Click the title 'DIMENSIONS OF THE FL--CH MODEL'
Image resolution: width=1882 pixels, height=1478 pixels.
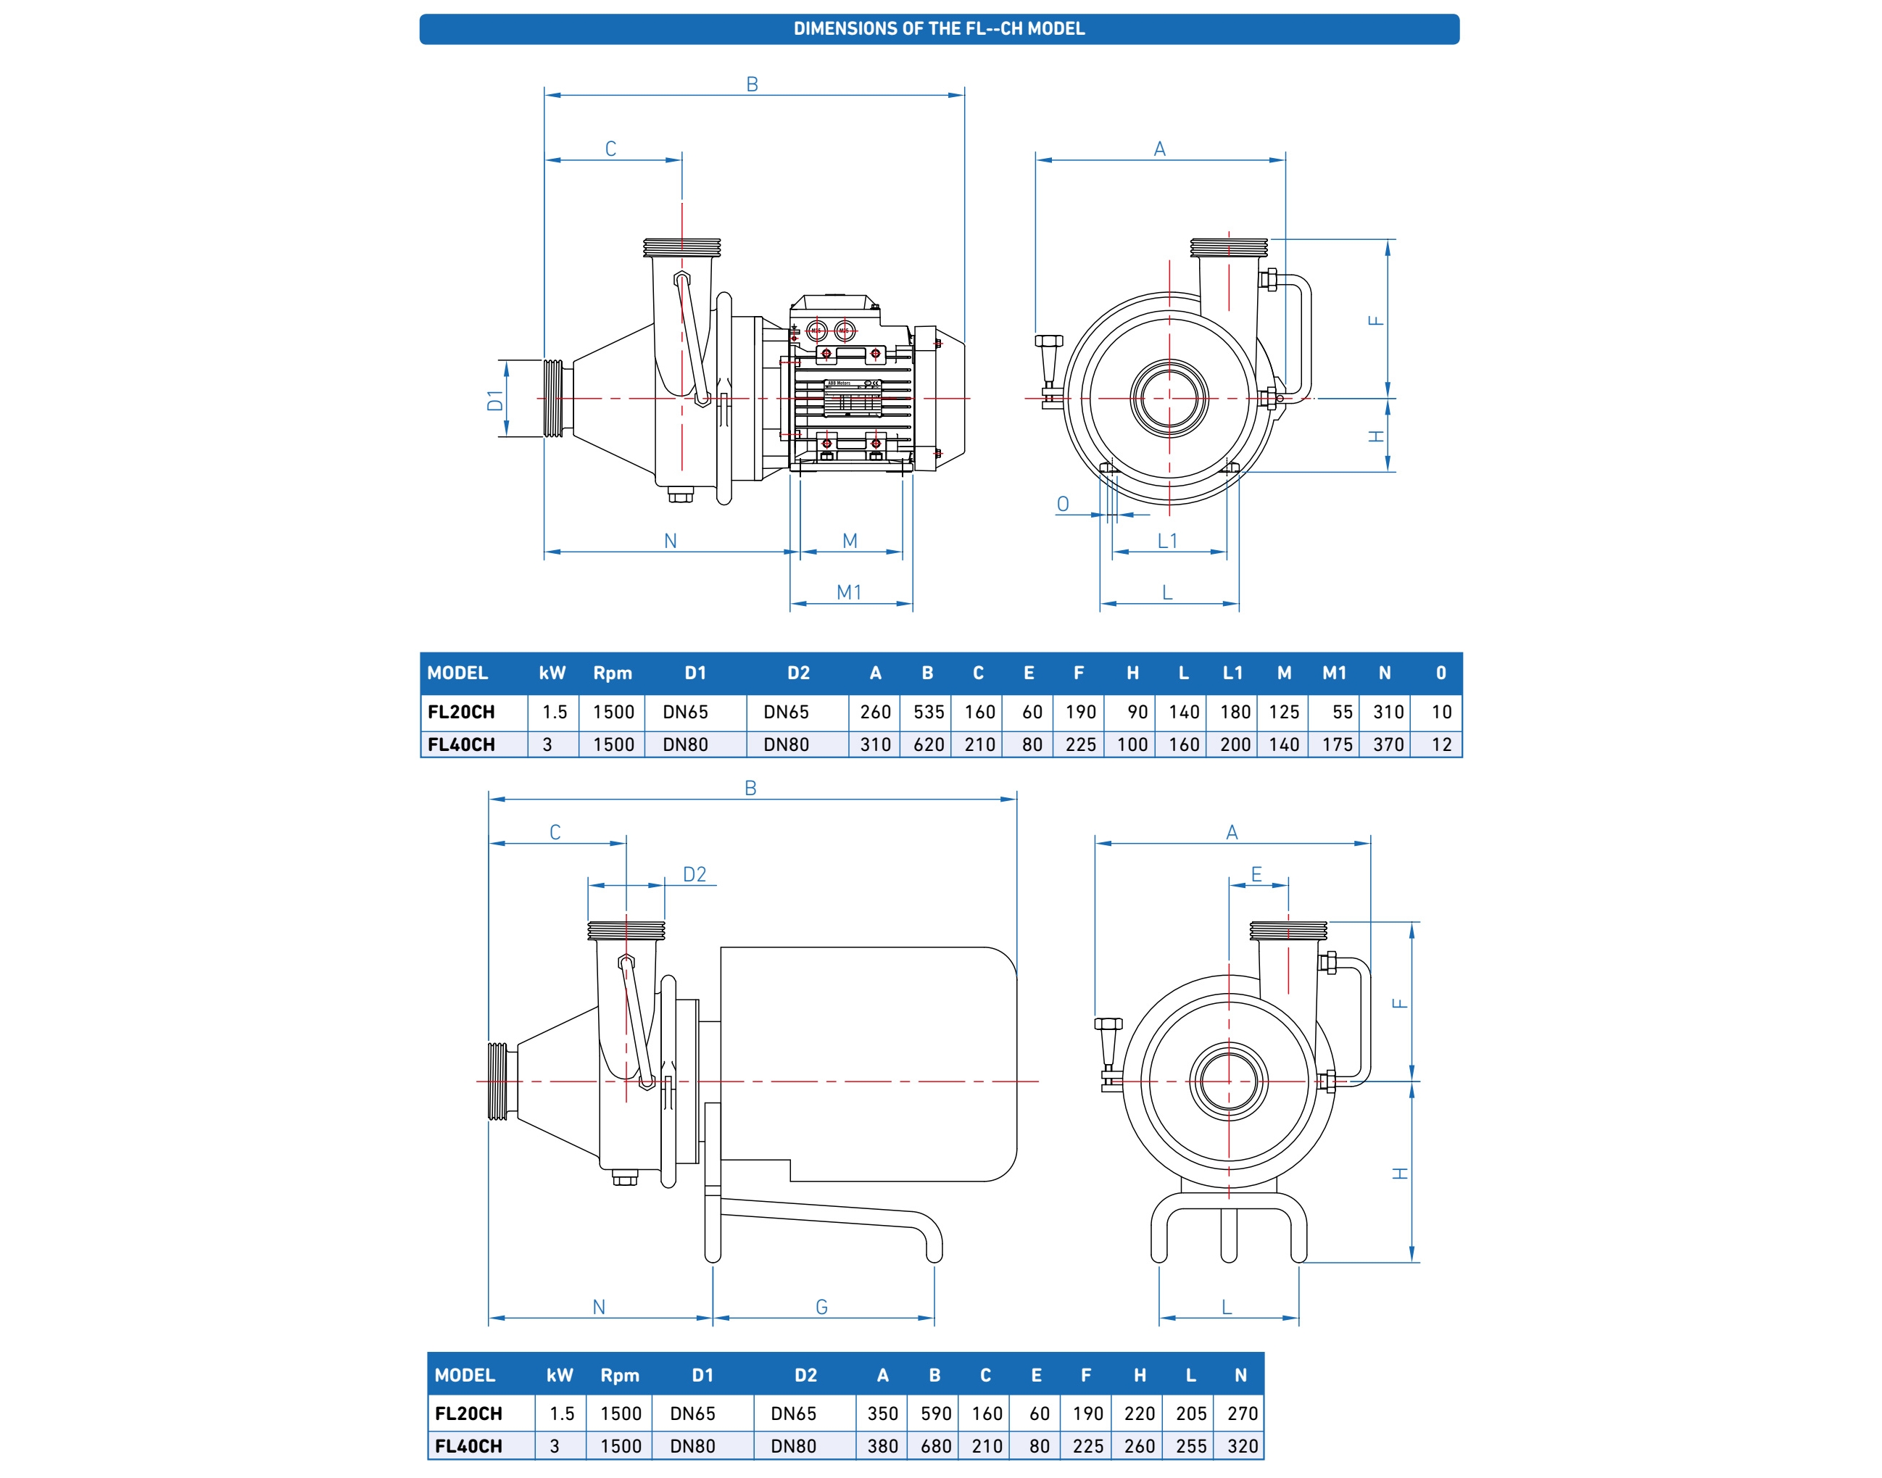click(x=939, y=28)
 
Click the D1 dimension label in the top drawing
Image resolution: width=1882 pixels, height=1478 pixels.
click(x=495, y=400)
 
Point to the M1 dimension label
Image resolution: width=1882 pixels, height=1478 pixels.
click(x=849, y=593)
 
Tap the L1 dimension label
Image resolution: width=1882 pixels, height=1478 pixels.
click(x=1167, y=541)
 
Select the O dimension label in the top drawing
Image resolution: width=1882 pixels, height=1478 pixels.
click(x=1063, y=504)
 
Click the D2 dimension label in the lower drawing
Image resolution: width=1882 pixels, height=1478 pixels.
click(x=694, y=874)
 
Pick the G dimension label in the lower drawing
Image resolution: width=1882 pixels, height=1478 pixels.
click(x=821, y=1307)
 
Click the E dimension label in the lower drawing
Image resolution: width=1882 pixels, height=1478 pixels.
click(x=1256, y=874)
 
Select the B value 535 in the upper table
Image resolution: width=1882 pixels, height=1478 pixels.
click(x=929, y=711)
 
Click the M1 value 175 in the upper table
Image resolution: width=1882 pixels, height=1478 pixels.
click(x=1337, y=744)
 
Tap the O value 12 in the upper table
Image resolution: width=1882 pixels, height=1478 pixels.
click(x=1440, y=744)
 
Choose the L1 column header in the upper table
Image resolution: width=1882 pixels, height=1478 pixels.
click(x=1233, y=673)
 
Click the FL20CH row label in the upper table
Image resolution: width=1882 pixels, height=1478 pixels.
click(x=461, y=711)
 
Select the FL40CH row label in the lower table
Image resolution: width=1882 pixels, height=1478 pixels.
click(x=468, y=1446)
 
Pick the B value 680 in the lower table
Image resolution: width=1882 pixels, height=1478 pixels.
click(x=935, y=1446)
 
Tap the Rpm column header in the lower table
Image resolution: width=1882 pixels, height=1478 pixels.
click(x=620, y=1375)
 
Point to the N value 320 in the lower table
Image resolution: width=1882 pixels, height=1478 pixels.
click(x=1242, y=1446)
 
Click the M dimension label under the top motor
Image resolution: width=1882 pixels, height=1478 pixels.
click(x=850, y=541)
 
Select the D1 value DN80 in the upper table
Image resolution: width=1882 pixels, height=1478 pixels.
click(x=685, y=744)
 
